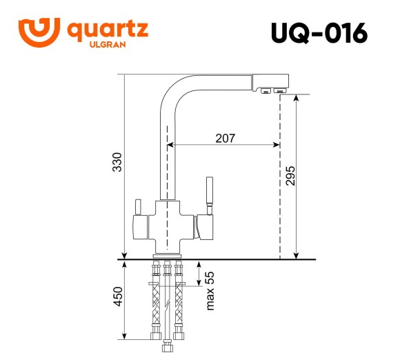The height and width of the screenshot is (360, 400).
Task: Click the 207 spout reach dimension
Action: click(225, 138)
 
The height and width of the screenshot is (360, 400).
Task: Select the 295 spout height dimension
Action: click(290, 177)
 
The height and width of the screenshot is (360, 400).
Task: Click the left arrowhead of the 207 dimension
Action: click(172, 145)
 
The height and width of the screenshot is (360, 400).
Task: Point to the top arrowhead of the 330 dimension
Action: click(124, 78)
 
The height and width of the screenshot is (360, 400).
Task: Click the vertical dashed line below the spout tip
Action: click(280, 179)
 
